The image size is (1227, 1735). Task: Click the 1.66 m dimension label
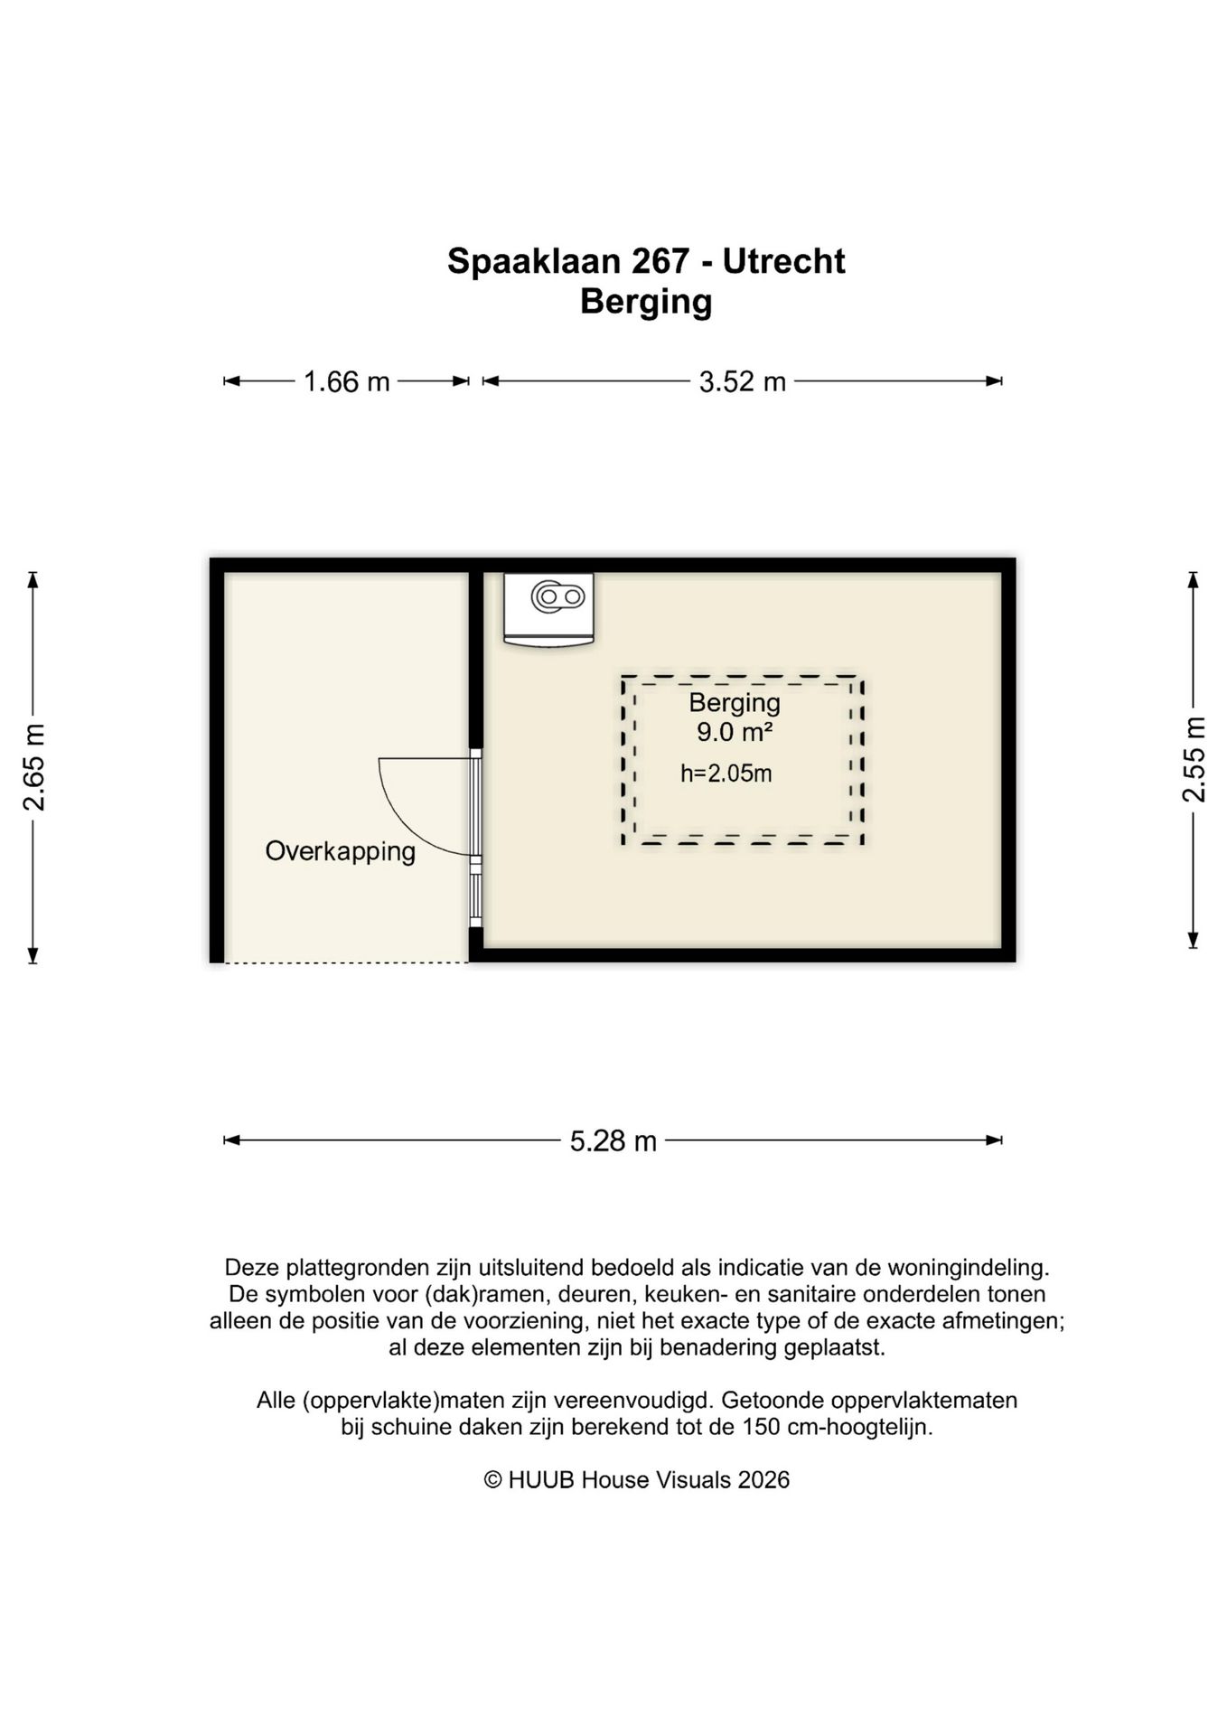pos(346,382)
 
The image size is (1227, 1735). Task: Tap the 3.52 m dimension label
pos(742,382)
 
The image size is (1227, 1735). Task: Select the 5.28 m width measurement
pos(613,1141)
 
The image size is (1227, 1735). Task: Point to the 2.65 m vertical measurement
pos(34,767)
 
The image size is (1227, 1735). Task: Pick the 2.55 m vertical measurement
pos(1194,759)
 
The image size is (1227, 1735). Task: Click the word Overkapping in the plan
pos(341,851)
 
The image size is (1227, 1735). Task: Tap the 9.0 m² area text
pos(734,732)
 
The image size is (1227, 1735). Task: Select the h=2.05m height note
pos(726,774)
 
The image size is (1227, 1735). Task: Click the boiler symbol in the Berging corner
pos(548,608)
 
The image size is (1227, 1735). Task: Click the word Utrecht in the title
pos(783,262)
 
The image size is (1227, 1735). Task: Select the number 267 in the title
pos(659,262)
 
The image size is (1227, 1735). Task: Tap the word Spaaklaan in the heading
pos(533,262)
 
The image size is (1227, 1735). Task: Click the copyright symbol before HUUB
pos(492,1480)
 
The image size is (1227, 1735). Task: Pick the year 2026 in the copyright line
pos(763,1480)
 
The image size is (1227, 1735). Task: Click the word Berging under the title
pos(645,302)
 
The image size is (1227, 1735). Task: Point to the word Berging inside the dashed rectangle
pos(734,703)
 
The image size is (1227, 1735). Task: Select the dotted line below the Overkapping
pos(346,963)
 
